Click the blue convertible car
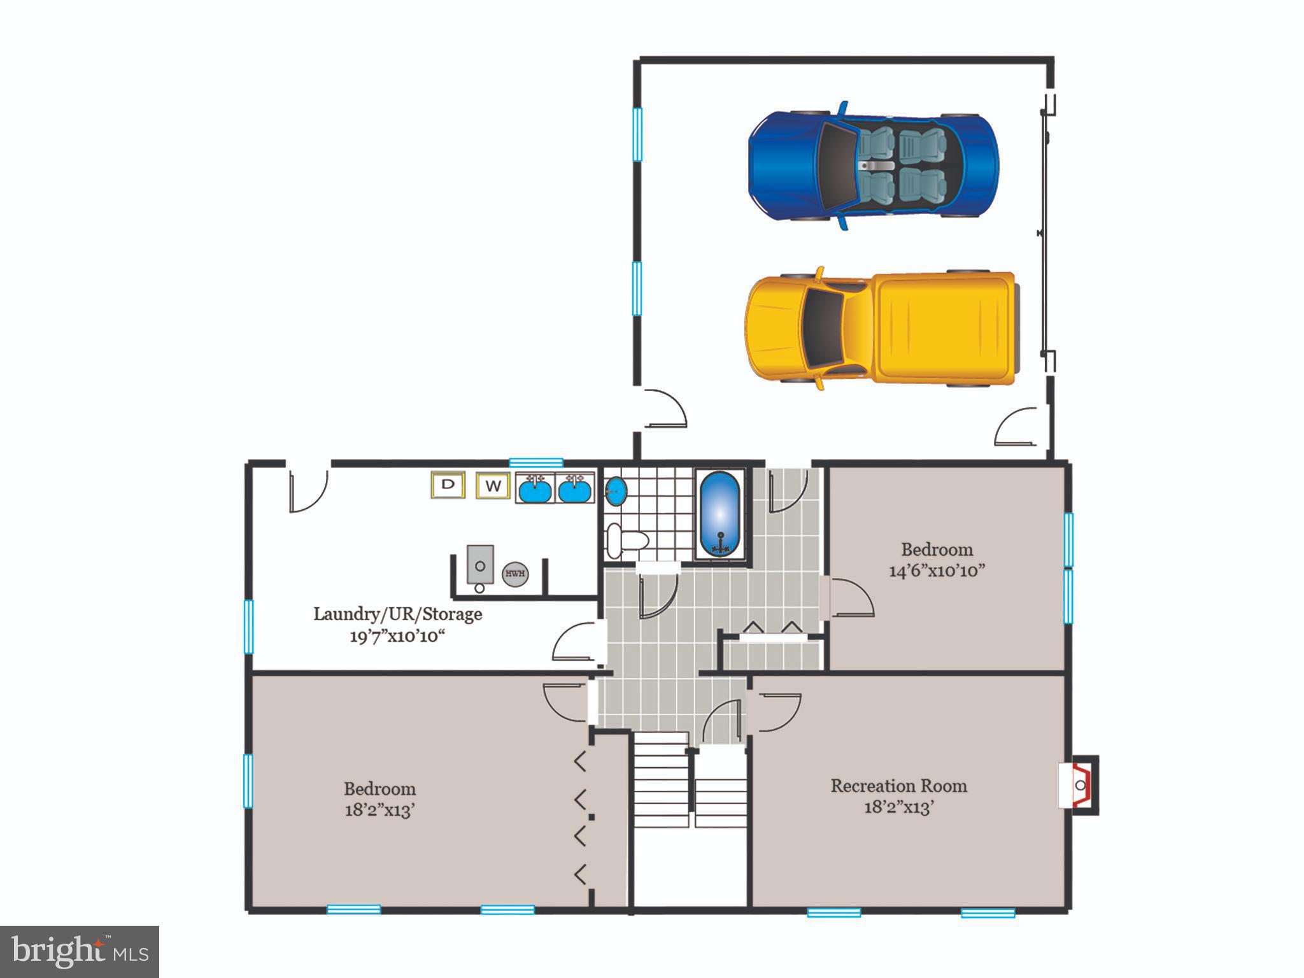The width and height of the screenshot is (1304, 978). pyautogui.click(x=872, y=166)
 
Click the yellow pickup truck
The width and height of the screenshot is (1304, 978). pyautogui.click(x=882, y=329)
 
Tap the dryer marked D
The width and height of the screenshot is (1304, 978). pyautogui.click(x=448, y=485)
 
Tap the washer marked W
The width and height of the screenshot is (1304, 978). pyautogui.click(x=493, y=486)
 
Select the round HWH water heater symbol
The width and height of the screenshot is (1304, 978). pyautogui.click(x=515, y=574)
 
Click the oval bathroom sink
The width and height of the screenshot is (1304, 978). pyautogui.click(x=616, y=492)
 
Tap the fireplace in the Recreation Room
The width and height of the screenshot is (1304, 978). pyautogui.click(x=1080, y=785)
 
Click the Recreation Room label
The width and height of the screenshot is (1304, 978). pyautogui.click(x=898, y=786)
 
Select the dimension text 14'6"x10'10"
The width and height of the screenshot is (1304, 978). pyautogui.click(x=937, y=570)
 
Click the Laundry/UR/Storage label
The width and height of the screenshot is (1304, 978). pyautogui.click(x=397, y=614)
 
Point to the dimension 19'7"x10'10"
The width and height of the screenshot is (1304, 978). pyautogui.click(x=397, y=636)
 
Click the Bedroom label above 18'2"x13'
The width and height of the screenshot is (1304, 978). pyautogui.click(x=379, y=789)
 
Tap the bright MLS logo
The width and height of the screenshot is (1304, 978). pyautogui.click(x=79, y=951)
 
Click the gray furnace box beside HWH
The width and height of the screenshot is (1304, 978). pyautogui.click(x=480, y=564)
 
